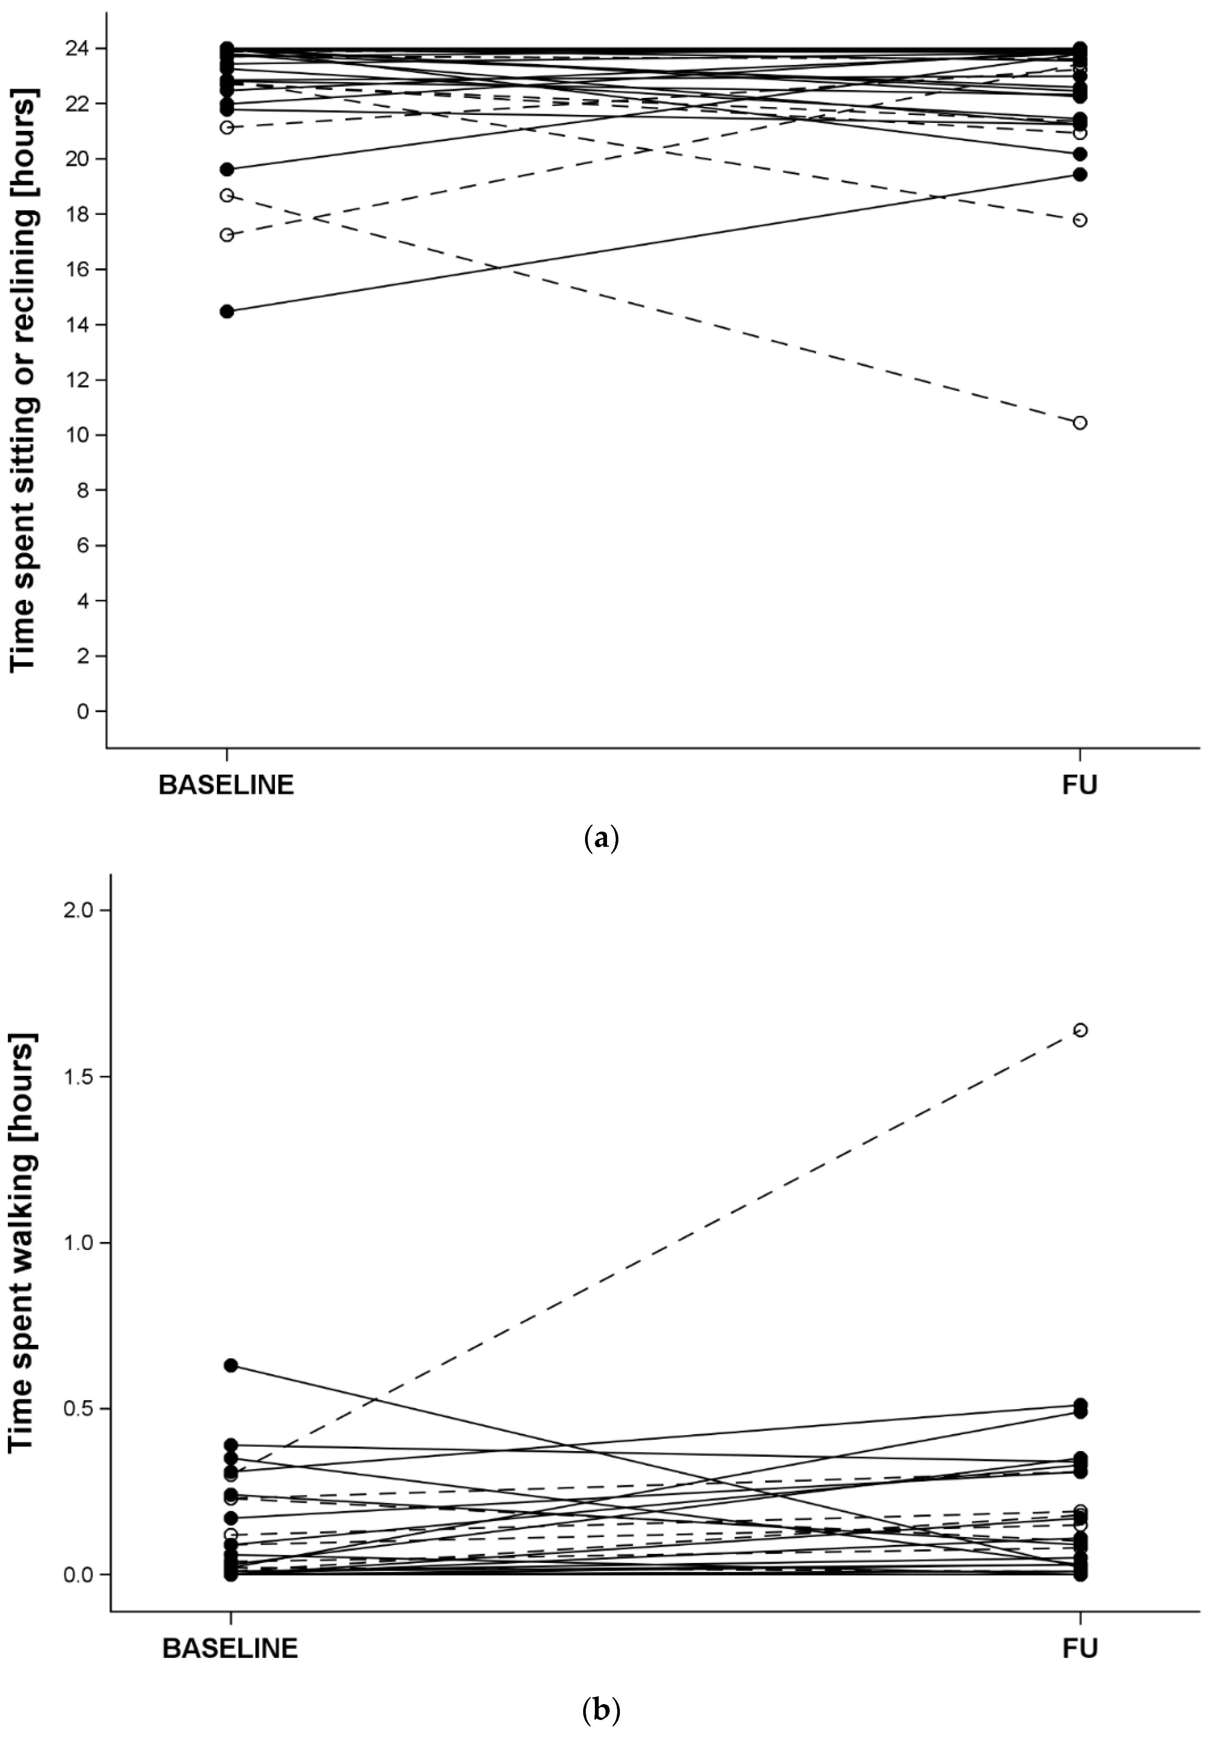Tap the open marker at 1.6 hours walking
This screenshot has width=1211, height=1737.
click(x=1080, y=1030)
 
